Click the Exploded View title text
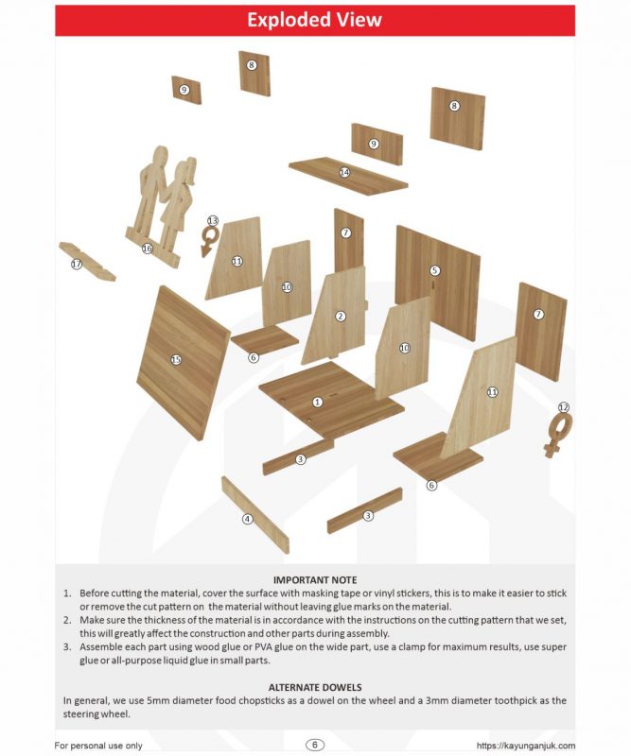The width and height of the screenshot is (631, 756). pos(314,20)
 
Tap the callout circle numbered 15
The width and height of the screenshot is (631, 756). pos(176,360)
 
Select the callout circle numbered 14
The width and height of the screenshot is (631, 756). pos(344,172)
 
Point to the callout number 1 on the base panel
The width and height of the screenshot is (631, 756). pos(317,402)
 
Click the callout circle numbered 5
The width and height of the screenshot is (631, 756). pos(434,270)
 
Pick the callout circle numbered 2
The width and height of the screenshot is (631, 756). pos(341,317)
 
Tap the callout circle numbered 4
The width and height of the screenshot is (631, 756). pos(247,519)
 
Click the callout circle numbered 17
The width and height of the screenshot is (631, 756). pos(77,264)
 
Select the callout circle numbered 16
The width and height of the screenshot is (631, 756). pos(147,249)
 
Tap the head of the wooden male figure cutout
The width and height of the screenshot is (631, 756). pos(160,158)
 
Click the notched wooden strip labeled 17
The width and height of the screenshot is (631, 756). pos(87,261)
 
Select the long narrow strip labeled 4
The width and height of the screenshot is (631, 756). pos(255,515)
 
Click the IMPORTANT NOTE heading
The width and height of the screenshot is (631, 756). pos(315,580)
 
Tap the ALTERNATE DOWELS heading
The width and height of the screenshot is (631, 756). pos(315,687)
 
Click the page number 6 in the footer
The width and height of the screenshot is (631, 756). pos(315,745)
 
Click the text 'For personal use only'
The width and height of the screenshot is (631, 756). pos(98,746)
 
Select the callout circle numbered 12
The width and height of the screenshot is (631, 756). pos(564,407)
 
